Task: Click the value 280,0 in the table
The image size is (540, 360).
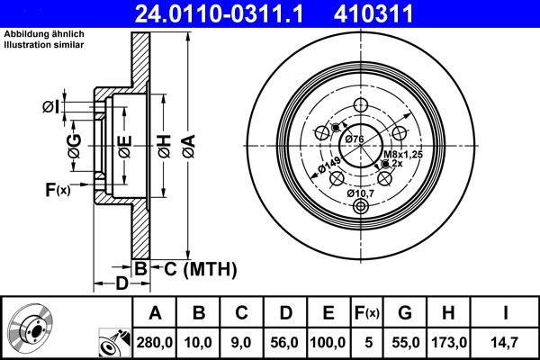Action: point(155,343)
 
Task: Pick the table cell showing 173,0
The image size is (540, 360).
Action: point(451,343)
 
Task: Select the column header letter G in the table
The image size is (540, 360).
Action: point(405,313)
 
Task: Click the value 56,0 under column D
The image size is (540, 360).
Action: point(285,343)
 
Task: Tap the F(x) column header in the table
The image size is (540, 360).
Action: point(367,313)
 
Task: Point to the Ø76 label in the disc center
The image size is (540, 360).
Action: point(354,139)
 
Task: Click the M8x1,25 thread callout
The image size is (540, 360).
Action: point(402,155)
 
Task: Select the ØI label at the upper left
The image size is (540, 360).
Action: point(50,107)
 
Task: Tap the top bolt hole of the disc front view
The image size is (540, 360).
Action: point(361,105)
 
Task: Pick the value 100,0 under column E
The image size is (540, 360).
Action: point(328,343)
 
